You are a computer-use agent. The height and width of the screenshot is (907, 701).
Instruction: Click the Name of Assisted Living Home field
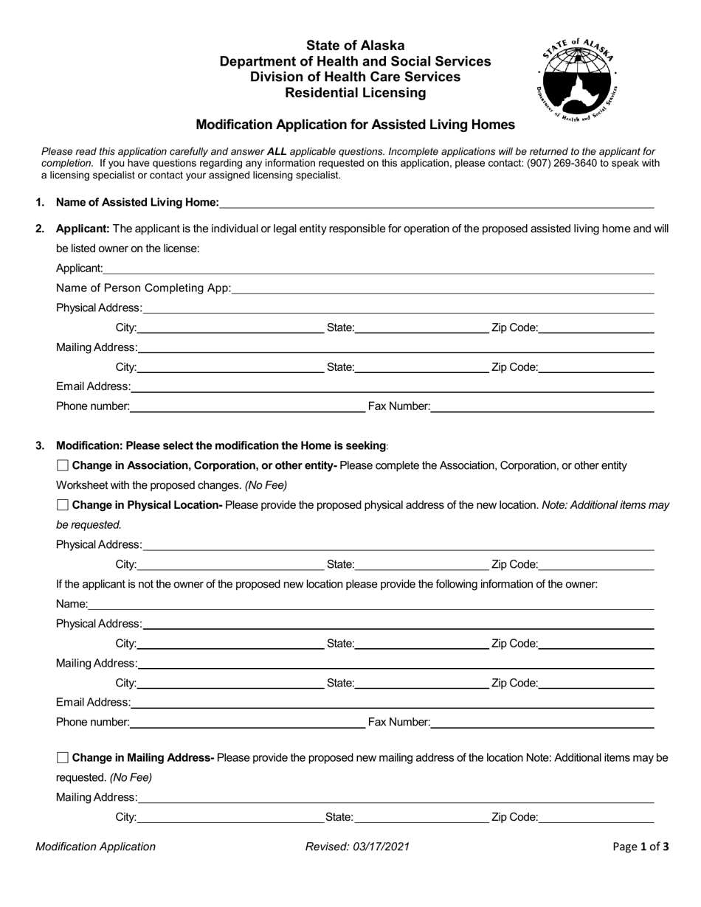(x=435, y=203)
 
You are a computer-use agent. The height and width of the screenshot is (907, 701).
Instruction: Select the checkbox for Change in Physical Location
(x=63, y=505)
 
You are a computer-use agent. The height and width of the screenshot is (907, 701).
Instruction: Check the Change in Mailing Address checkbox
(x=63, y=757)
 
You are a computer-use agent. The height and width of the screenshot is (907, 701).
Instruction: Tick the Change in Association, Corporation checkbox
(x=63, y=465)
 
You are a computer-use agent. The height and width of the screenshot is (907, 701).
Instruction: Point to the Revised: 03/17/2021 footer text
(x=357, y=847)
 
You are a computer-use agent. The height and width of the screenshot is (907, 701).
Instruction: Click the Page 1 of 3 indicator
(x=640, y=847)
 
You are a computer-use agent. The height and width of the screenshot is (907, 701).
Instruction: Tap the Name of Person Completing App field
(x=443, y=288)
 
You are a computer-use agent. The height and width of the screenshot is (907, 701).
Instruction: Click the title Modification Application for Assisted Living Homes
(x=355, y=125)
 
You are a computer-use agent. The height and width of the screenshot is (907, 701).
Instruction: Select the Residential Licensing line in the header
(x=355, y=93)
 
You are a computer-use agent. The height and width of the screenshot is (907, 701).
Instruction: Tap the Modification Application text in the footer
(x=96, y=847)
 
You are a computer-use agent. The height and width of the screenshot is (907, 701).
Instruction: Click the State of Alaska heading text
(x=355, y=46)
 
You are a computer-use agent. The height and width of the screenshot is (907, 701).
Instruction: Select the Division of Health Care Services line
(x=355, y=77)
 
